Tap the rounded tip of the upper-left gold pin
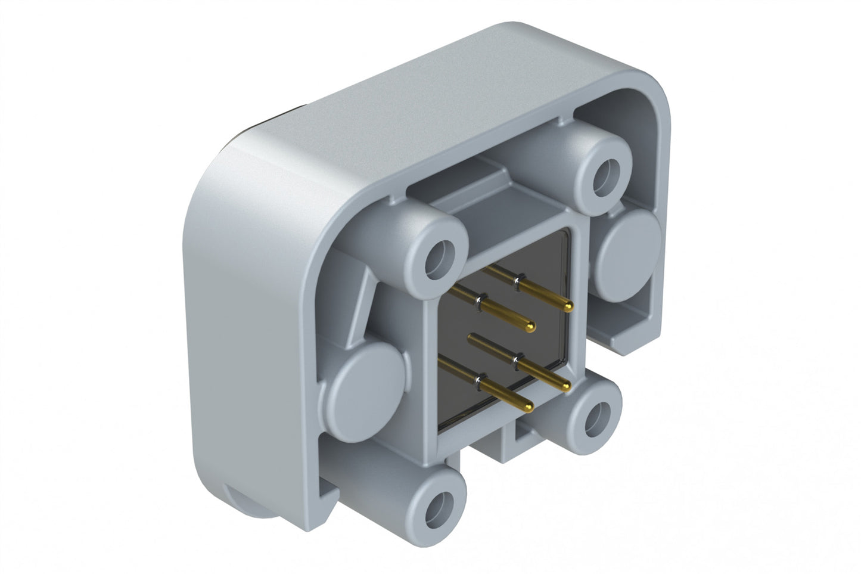click(x=530, y=325)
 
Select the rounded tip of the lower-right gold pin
click(x=565, y=387)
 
